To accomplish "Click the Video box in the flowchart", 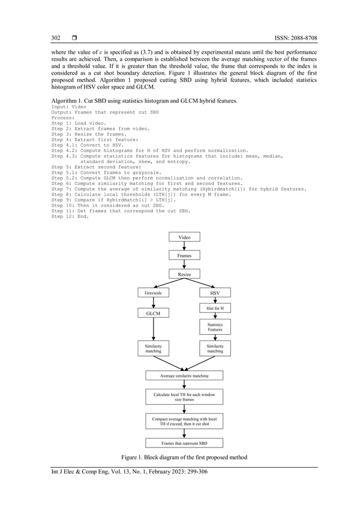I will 185,237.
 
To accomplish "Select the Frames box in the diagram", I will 185,256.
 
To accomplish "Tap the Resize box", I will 185,274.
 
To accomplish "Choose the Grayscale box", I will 153,293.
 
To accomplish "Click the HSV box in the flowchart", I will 215,293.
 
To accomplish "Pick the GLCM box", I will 153,312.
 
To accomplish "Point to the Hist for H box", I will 215,308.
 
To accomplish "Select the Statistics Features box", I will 215,327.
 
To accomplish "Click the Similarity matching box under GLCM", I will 153,348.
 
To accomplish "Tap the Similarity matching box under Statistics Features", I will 215,348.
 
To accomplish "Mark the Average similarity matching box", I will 185,375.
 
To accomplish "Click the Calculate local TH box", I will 185,396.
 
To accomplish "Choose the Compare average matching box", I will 185,422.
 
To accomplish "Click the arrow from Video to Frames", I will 185,246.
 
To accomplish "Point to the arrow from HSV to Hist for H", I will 215,301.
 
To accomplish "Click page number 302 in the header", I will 55,38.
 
